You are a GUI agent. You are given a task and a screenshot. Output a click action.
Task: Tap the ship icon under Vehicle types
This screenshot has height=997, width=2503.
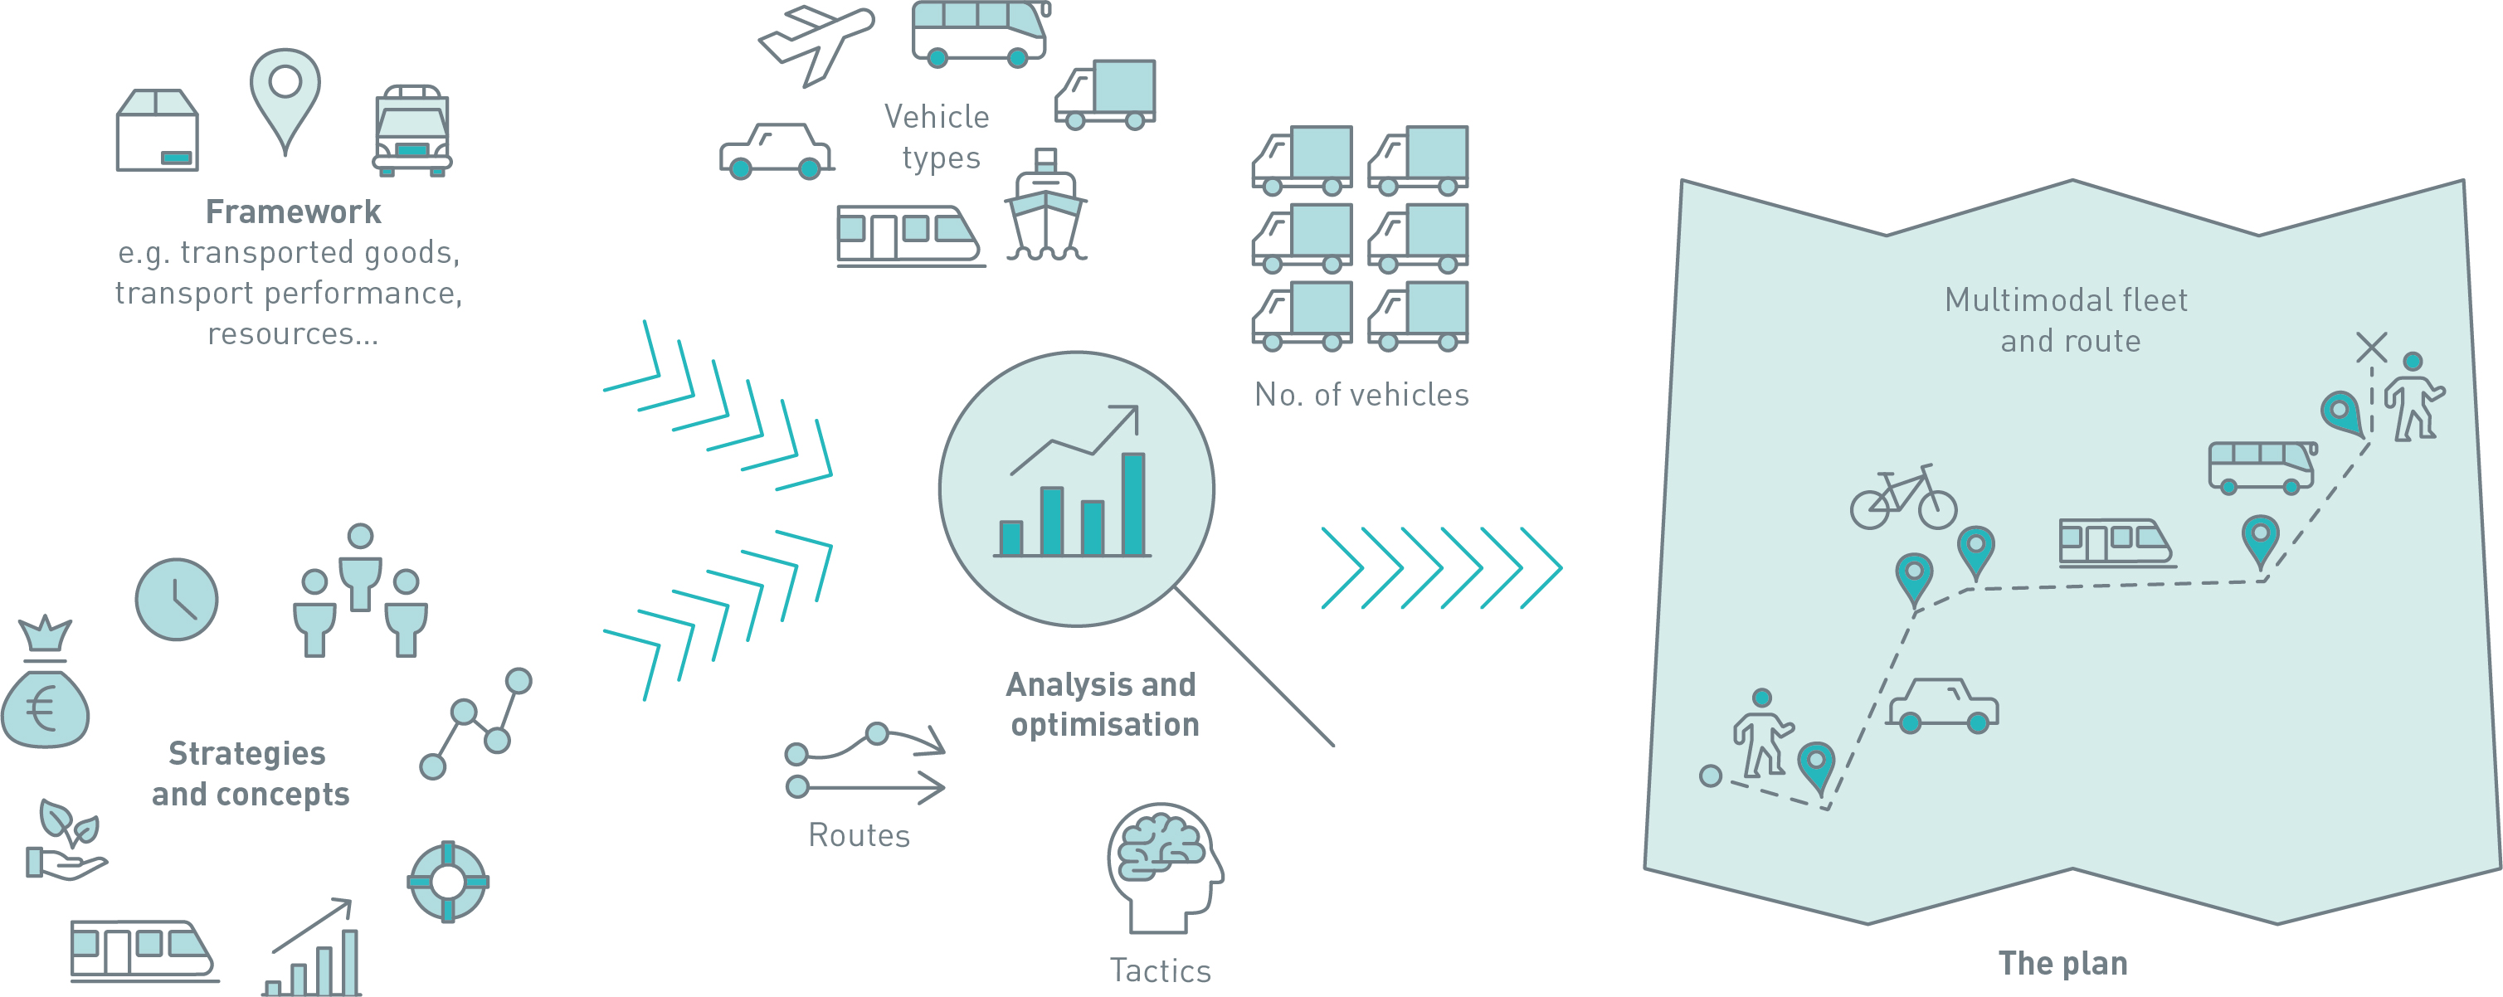[1045, 205]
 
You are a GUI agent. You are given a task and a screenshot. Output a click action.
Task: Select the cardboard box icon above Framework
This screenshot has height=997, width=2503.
[158, 130]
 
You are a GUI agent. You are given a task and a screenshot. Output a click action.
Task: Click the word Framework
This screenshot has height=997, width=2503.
[293, 212]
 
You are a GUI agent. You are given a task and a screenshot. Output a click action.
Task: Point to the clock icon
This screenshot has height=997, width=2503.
[177, 600]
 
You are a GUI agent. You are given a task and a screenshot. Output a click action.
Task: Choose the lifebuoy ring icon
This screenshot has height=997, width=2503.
[448, 882]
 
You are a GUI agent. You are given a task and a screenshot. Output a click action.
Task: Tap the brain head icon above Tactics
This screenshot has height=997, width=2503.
[1165, 868]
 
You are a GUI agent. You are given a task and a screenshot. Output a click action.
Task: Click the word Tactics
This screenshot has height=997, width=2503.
[1160, 970]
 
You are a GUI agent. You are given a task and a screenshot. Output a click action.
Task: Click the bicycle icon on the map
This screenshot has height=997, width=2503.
[1903, 497]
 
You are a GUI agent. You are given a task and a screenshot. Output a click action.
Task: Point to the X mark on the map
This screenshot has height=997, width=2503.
[2372, 347]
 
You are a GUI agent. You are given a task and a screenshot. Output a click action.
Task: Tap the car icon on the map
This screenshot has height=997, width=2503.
[1942, 706]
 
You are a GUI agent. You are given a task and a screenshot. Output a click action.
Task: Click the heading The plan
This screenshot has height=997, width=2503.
[2062, 963]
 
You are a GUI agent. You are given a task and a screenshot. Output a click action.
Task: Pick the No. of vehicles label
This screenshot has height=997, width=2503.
[1361, 395]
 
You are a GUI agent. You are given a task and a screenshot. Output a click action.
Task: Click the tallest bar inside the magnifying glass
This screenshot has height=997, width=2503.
[1133, 503]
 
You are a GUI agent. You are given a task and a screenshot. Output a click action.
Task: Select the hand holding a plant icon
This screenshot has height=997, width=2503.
[66, 839]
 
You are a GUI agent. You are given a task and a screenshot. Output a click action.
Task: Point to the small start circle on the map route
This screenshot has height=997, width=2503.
[1711, 776]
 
